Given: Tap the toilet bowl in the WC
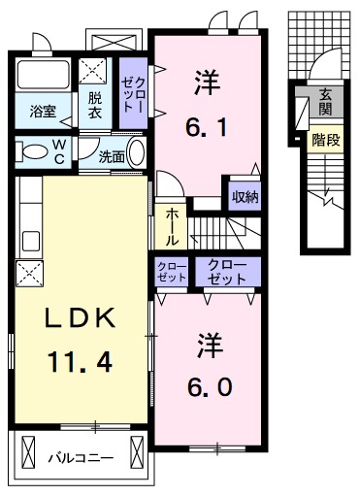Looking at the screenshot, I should (x=34, y=151).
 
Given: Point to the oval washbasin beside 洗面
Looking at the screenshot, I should (x=137, y=155).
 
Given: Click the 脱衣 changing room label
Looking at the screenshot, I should (x=95, y=104).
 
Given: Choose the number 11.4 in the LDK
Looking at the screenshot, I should (x=79, y=362).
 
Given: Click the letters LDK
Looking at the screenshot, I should (x=79, y=319).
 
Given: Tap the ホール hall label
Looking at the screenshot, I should (x=172, y=226).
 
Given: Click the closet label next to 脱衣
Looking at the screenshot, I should (x=131, y=94).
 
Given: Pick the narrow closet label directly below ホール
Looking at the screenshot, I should (x=171, y=272).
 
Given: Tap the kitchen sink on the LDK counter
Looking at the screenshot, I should (x=27, y=240).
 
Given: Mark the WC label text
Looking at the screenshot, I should (x=59, y=153).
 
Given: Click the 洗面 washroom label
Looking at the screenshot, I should (x=110, y=155).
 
